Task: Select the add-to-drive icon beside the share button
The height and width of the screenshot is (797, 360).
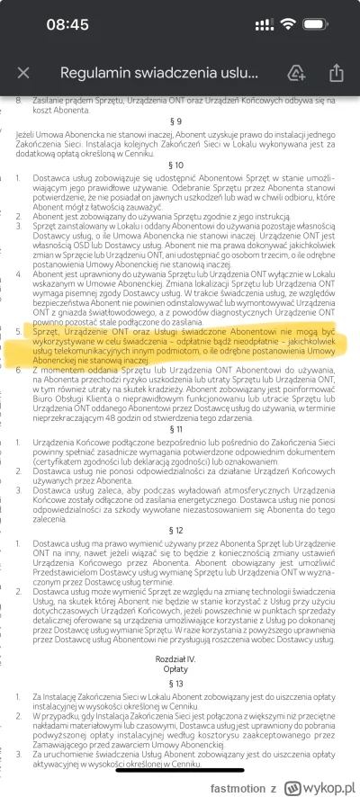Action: [296, 73]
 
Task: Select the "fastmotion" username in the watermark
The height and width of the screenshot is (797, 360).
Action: [235, 777]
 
